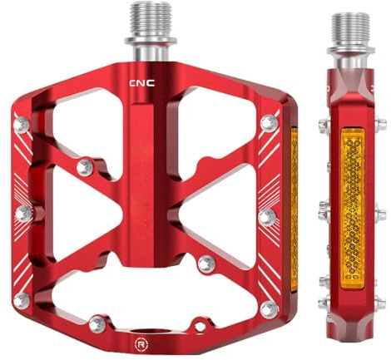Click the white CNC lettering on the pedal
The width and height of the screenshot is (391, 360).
coord(142,83)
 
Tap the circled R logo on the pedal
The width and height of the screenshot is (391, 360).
coord(141,344)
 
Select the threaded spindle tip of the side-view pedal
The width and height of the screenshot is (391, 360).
coord(350,30)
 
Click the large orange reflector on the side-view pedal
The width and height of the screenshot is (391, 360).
coord(353,209)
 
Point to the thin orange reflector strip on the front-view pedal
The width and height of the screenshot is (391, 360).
coord(294,210)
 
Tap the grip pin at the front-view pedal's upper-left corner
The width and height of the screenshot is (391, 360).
coord(22,125)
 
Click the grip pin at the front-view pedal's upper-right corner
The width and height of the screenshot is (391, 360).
coord(270,123)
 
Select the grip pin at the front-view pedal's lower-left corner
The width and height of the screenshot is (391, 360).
coord(22,301)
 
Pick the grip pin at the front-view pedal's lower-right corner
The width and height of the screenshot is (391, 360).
coord(270,309)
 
